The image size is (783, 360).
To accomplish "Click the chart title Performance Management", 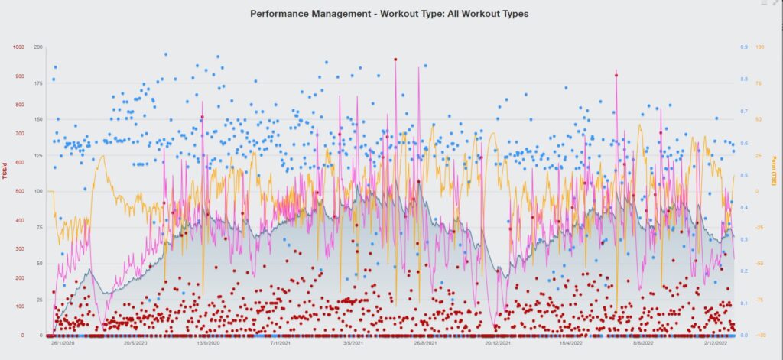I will tap(389, 14).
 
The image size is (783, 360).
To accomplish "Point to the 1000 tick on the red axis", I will tap(18, 47).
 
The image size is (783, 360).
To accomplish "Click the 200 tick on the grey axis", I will tap(38, 47).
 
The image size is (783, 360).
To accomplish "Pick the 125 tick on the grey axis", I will tap(38, 155).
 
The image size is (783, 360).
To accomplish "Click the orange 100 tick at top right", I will tap(759, 47).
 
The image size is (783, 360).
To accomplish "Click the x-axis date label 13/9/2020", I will tap(208, 344).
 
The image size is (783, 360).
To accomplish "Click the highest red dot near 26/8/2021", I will tap(395, 59).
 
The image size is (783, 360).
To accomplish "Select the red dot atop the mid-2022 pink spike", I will tap(616, 75).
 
